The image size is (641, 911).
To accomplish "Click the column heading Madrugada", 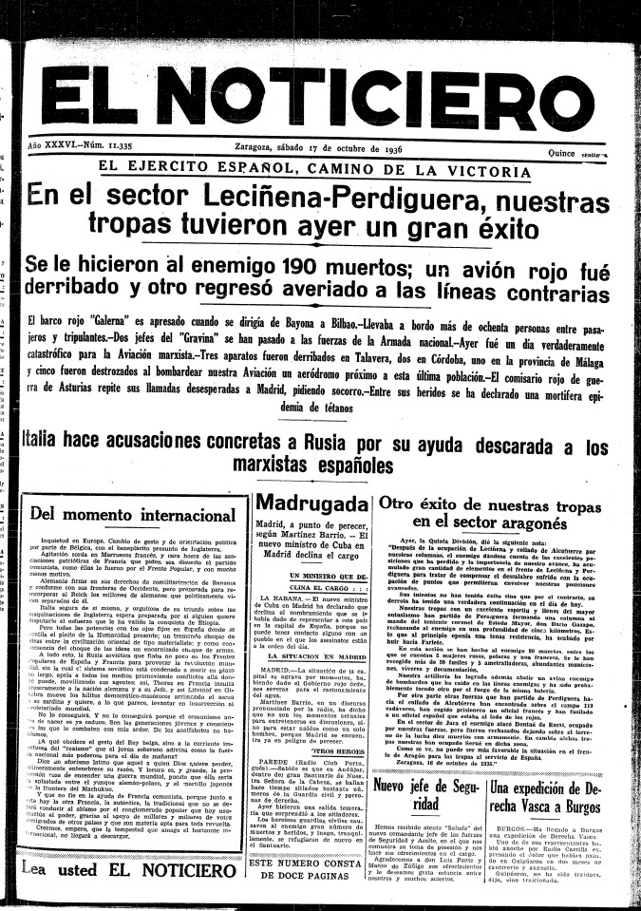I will click(311, 503).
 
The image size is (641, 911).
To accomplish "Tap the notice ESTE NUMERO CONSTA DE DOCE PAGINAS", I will click(310, 870).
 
